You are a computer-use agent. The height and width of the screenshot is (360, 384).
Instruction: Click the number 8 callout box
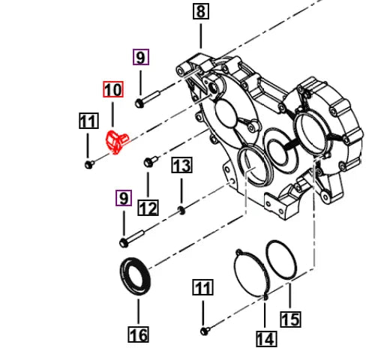tap(200, 11)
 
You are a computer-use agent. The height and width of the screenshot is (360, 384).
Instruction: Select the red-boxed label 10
tap(112, 90)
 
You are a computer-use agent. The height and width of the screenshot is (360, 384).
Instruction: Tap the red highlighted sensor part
tap(115, 140)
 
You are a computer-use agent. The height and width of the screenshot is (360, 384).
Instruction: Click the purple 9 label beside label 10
tap(141, 56)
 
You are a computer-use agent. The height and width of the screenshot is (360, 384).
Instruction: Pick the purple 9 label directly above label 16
tap(123, 198)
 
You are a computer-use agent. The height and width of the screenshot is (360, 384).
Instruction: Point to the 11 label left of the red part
tap(88, 120)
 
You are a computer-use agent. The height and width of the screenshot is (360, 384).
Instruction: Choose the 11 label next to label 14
tap(203, 287)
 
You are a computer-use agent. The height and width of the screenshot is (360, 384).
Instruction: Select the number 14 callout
tap(265, 338)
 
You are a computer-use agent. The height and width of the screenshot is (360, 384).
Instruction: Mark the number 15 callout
tap(290, 319)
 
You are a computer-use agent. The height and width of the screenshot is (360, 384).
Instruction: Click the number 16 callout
tap(138, 334)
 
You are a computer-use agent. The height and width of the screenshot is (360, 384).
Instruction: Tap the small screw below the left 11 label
tap(88, 162)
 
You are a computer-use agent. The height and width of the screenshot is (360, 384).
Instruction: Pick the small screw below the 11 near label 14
tap(204, 330)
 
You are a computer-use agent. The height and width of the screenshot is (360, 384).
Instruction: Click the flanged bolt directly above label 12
tap(148, 160)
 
